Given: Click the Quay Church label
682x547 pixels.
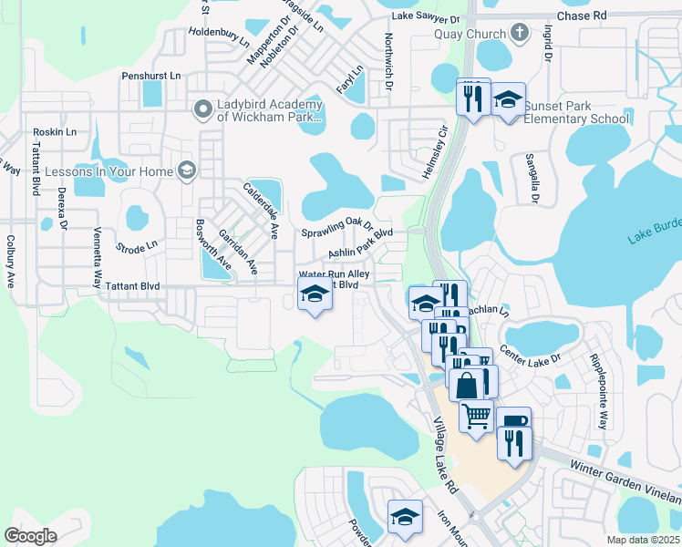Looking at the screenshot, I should [x=471, y=35].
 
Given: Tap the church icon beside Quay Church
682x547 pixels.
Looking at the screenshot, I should [x=520, y=35].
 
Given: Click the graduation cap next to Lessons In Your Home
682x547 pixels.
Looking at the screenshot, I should [x=187, y=170].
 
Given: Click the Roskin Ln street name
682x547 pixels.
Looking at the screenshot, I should [x=55, y=132].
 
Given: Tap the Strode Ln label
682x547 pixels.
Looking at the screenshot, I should [x=137, y=245].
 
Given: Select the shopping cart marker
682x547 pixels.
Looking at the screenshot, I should [x=477, y=416].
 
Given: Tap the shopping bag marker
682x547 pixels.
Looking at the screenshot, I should [x=467, y=384].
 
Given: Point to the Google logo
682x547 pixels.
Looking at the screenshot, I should [x=30, y=536].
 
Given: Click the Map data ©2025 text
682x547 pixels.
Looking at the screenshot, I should [x=643, y=540].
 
